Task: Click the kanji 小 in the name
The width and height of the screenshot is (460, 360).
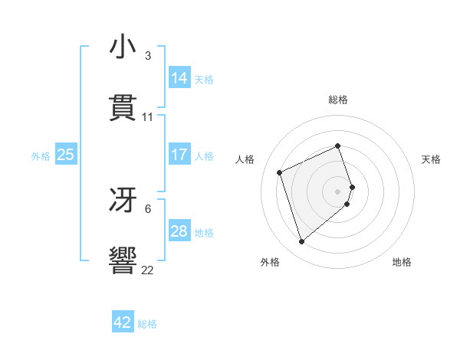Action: pyautogui.click(x=123, y=47)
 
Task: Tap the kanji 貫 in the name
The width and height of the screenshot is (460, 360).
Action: pyautogui.click(x=123, y=108)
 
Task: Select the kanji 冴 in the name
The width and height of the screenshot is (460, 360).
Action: pyautogui.click(x=123, y=200)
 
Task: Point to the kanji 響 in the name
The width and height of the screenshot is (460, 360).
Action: pyautogui.click(x=123, y=260)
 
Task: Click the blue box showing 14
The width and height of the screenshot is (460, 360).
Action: pyautogui.click(x=179, y=77)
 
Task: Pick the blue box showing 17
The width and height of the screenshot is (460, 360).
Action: pyautogui.click(x=179, y=155)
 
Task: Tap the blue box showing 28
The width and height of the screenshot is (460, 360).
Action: pyautogui.click(x=179, y=231)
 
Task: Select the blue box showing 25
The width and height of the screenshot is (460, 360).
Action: pyautogui.click(x=66, y=155)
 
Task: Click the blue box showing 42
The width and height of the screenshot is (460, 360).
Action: pyautogui.click(x=123, y=322)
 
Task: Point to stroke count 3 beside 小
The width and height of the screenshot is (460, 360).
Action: pyautogui.click(x=148, y=56)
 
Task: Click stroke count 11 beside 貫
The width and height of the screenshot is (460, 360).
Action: pyautogui.click(x=148, y=117)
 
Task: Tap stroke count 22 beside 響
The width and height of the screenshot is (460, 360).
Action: pyautogui.click(x=148, y=270)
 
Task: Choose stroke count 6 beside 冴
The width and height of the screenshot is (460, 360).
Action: pyautogui.click(x=148, y=208)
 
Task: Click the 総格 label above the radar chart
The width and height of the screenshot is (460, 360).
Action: pyautogui.click(x=338, y=100)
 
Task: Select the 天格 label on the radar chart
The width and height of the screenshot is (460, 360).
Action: pyautogui.click(x=432, y=159)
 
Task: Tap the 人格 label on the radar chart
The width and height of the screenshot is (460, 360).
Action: pyautogui.click(x=245, y=159)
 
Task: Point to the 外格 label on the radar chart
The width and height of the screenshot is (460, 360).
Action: pyautogui.click(x=270, y=263)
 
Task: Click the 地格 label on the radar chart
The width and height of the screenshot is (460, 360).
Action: pyautogui.click(x=402, y=263)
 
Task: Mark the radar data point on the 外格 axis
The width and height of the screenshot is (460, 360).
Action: pyautogui.click(x=301, y=242)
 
